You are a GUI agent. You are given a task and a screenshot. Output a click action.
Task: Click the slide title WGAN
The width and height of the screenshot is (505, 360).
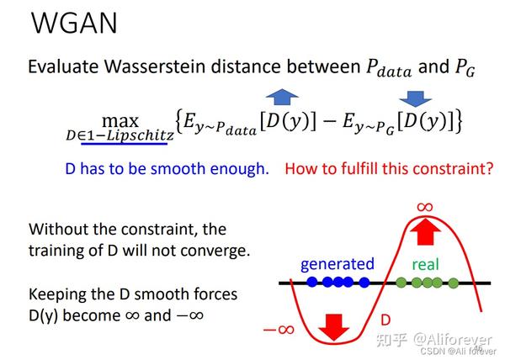tap(74, 24)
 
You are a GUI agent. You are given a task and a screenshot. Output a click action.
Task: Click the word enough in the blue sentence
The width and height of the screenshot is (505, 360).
tap(239, 168)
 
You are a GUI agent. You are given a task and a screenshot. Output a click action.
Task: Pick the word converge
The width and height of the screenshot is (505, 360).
tap(221, 250)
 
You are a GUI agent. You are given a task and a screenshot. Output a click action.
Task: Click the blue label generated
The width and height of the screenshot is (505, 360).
tap(337, 264)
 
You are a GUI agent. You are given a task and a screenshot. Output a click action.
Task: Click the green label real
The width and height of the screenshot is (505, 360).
tap(426, 264)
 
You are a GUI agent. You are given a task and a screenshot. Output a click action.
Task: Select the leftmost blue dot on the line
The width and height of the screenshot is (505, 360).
tap(311, 283)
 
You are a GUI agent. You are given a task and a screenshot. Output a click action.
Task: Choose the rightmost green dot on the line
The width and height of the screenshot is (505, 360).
tap(454, 283)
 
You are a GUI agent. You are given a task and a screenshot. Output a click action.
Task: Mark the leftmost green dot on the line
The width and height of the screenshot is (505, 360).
tap(401, 283)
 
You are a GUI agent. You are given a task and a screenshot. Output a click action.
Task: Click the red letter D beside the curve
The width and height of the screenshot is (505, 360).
tap(385, 320)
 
